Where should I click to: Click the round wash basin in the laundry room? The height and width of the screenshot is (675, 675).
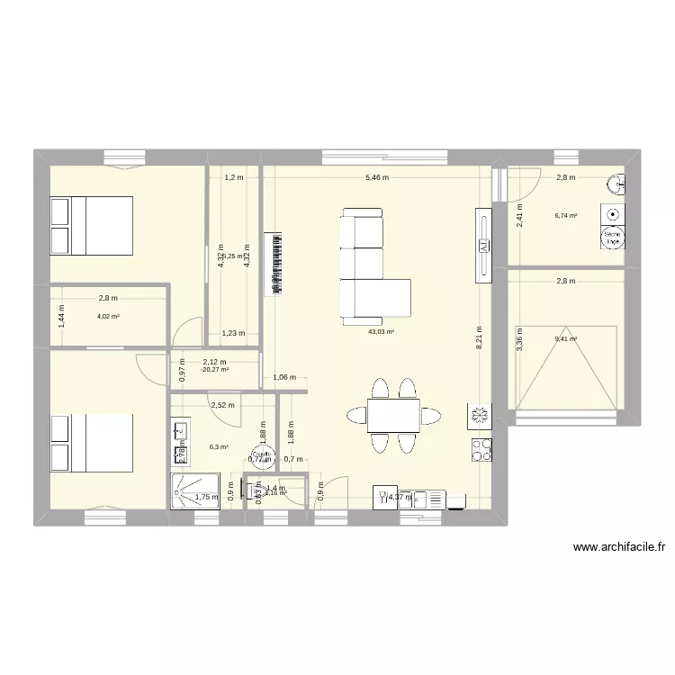pos(617,184)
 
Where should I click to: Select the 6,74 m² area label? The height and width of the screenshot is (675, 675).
pos(566,216)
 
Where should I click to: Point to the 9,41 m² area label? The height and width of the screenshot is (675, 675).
pos(566,339)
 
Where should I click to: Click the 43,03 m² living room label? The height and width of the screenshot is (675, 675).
pos(381,332)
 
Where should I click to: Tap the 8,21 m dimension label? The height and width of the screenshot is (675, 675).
pos(480,342)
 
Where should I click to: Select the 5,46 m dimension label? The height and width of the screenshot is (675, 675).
pos(377,178)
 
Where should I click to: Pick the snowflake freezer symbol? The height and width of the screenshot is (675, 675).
pos(478,415)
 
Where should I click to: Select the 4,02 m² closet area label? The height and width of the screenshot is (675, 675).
pos(107,317)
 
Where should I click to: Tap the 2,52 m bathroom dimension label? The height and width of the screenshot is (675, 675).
pos(222,405)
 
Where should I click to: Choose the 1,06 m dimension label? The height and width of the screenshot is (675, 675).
pos(284,379)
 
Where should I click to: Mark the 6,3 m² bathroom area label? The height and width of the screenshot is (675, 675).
pos(219,446)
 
